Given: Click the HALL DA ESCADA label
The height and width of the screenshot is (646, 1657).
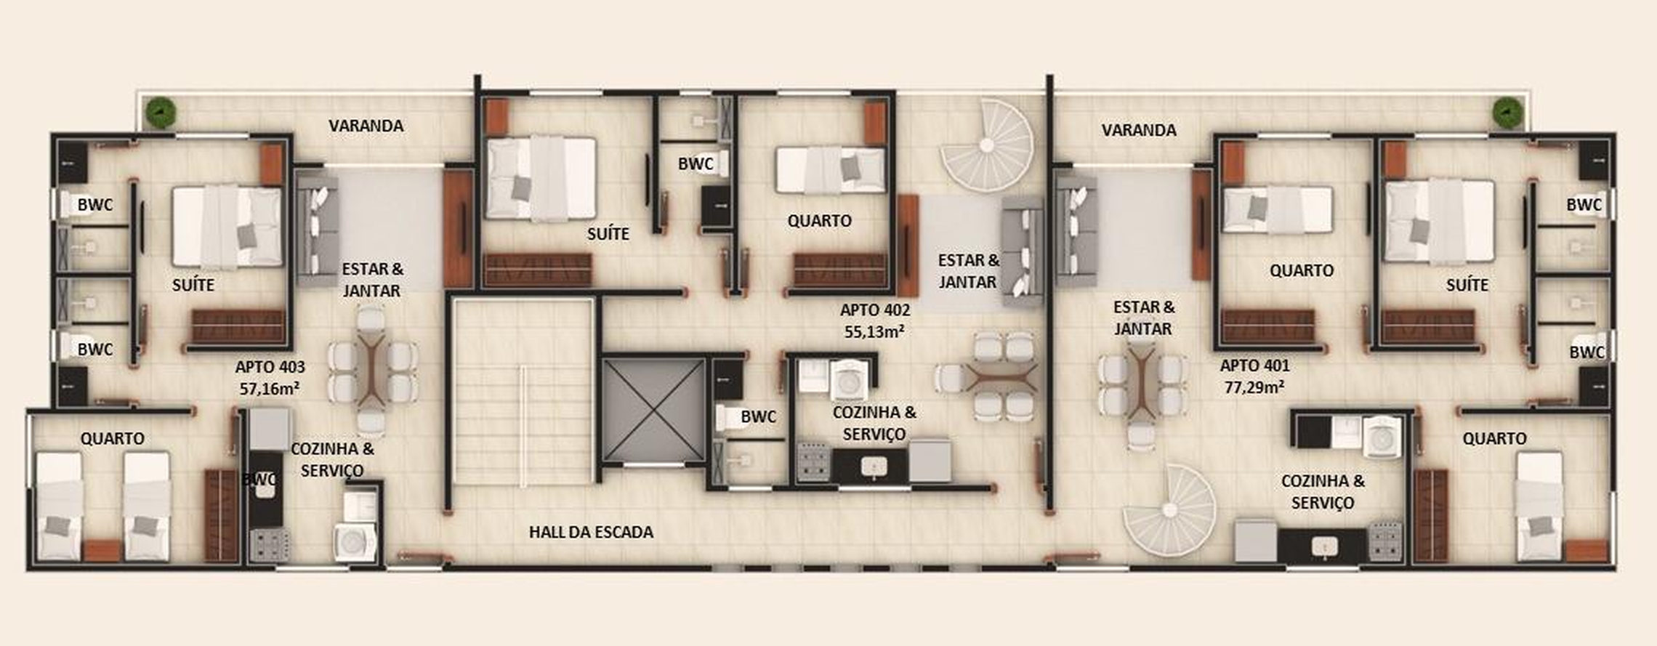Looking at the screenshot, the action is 591,532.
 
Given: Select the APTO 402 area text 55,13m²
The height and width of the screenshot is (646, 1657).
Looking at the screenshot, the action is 874,331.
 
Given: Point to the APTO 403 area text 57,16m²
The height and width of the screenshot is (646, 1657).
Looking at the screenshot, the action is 270,389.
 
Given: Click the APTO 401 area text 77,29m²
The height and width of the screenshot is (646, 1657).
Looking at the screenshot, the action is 1254,387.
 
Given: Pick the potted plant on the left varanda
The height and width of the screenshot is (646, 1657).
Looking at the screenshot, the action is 161,113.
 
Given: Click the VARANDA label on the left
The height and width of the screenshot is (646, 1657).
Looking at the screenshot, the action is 366,126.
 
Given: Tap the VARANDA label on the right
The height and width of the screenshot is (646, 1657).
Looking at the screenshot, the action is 1138,130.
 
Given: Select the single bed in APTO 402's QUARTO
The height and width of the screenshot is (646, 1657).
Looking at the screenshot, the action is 831,170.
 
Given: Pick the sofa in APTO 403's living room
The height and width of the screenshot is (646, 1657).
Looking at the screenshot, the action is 318,227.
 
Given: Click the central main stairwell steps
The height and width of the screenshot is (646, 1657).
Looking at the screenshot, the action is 523,393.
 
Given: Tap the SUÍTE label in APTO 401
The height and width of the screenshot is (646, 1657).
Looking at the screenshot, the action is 1467,285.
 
